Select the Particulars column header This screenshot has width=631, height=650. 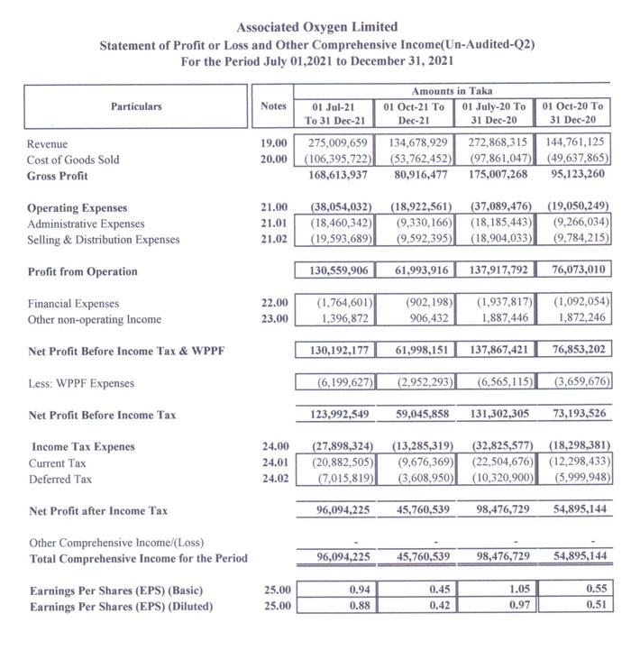point(136,106)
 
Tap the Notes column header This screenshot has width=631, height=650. point(273,106)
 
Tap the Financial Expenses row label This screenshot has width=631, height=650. point(73,304)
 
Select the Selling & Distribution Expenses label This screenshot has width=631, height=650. point(104,240)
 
